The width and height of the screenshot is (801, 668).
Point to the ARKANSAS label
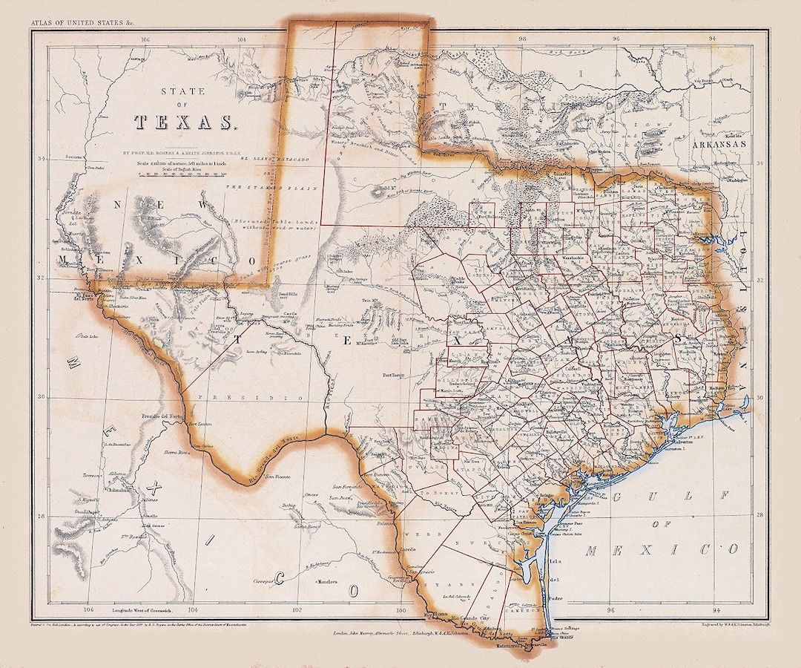point(722,145)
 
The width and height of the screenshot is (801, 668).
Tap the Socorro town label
point(69,158)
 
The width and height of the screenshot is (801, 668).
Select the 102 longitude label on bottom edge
point(297,610)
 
